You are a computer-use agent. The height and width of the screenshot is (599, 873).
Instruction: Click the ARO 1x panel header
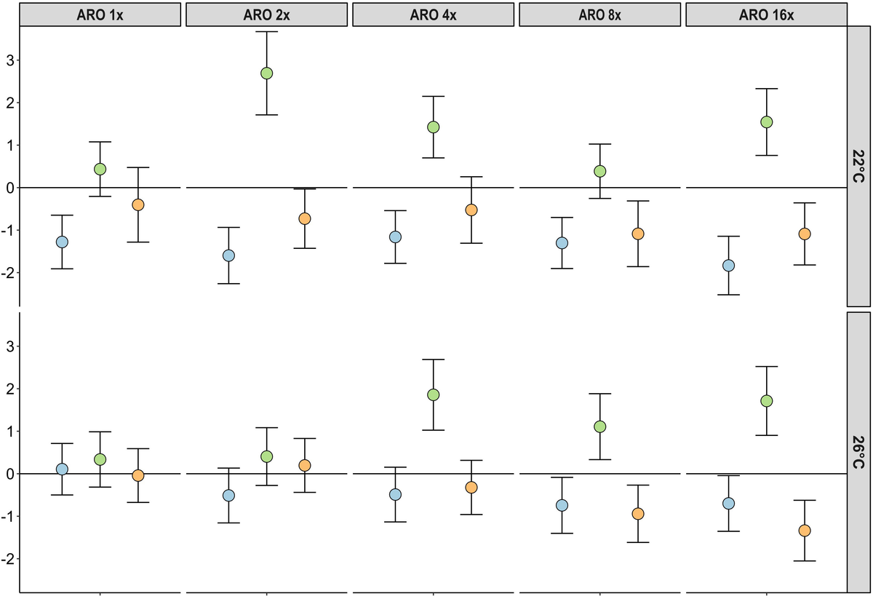[100, 15]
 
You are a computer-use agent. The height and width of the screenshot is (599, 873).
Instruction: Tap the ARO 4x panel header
[434, 15]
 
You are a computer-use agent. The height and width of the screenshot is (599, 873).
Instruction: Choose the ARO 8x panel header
[600, 15]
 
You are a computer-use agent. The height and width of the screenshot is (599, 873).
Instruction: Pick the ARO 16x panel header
[766, 15]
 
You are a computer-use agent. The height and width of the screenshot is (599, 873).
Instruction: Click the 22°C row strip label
[859, 166]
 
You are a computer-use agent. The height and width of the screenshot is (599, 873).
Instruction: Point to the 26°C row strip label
[859, 452]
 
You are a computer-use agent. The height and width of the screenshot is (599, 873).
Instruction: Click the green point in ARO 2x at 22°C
[266, 73]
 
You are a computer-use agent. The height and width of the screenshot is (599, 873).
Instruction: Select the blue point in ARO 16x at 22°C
[728, 266]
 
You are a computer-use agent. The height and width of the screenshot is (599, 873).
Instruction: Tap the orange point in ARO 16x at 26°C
[805, 531]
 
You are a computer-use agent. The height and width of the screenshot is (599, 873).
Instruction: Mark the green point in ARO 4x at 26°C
[434, 394]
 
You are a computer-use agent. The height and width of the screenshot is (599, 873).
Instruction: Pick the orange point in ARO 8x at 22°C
[638, 234]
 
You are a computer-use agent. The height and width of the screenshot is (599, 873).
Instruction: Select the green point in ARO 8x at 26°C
[600, 427]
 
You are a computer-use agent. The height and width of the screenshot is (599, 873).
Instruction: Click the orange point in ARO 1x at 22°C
[137, 205]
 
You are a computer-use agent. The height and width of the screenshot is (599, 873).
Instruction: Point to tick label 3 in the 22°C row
[9, 60]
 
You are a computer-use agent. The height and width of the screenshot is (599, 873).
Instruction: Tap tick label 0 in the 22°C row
[9, 188]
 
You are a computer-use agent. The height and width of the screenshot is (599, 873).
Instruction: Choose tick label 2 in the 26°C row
[9, 389]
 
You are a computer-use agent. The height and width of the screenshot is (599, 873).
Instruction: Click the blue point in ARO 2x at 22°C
[228, 255]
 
